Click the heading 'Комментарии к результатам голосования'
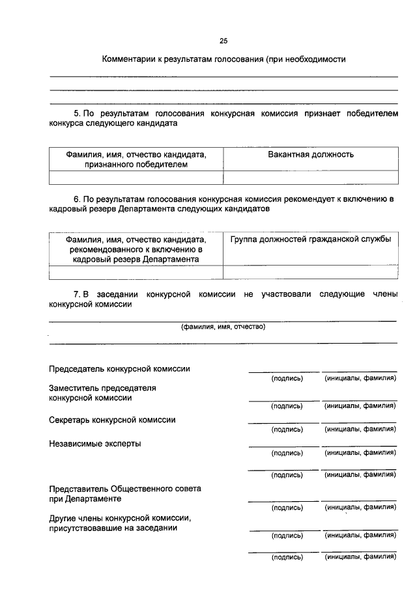(x=182, y=59)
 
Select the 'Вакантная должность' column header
(x=311, y=154)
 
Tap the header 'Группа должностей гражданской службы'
(x=311, y=240)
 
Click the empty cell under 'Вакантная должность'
(x=311, y=177)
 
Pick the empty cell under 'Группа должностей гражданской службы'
(x=311, y=272)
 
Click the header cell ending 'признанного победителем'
(x=136, y=159)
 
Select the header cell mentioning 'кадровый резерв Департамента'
(x=136, y=249)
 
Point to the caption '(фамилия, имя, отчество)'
(x=223, y=327)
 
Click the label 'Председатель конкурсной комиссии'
(x=120, y=368)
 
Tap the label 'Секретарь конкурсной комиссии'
(x=113, y=420)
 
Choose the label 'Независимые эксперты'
(x=95, y=444)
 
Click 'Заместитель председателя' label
(x=103, y=388)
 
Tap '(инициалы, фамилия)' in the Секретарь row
(x=360, y=429)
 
